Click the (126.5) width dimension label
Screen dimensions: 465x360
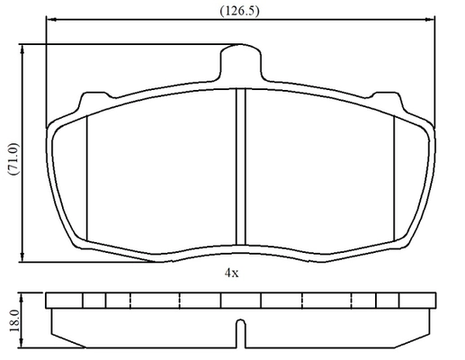pos(239,11)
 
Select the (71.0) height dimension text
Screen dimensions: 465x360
pos(13,159)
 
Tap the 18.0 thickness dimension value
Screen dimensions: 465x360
pos(14,321)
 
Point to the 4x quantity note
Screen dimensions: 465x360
pos(232,273)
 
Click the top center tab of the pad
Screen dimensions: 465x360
pos(241,61)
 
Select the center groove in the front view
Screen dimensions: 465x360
pos(241,166)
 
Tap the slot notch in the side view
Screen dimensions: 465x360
pos(241,333)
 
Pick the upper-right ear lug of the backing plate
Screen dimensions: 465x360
pos(388,101)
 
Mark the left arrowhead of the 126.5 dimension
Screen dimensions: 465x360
pos(52,20)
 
